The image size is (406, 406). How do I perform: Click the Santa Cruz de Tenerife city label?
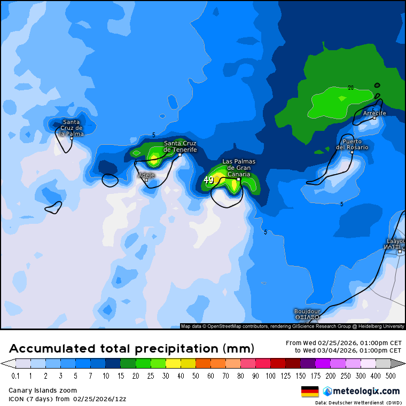pyautogui.click(x=180, y=146)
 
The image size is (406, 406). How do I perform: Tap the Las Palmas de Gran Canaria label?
pyautogui.click(x=239, y=168)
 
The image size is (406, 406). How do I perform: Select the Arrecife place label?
pyautogui.click(x=374, y=113)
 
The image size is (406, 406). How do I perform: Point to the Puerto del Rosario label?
pyautogui.click(x=352, y=144)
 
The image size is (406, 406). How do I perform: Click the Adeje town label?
pyautogui.click(x=146, y=175)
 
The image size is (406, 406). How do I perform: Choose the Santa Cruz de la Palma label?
pyautogui.click(x=72, y=128)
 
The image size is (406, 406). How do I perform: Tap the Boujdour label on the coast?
pyautogui.click(x=307, y=314)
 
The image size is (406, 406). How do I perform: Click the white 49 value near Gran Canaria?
pyautogui.click(x=209, y=181)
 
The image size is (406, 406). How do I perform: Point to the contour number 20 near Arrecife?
pyautogui.click(x=351, y=88)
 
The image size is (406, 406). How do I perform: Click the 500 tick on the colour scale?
pyautogui.click(x=391, y=376)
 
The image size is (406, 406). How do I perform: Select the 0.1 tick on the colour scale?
pyautogui.click(x=15, y=376)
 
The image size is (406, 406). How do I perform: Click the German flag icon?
pyautogui.click(x=310, y=391)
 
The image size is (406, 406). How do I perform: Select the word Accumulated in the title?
pyautogui.click(x=53, y=349)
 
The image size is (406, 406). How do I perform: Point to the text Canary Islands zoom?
pyautogui.click(x=43, y=391)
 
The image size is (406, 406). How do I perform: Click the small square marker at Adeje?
pyautogui.click(x=146, y=179)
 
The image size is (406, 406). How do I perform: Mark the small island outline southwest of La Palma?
pyautogui.click(x=53, y=207)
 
